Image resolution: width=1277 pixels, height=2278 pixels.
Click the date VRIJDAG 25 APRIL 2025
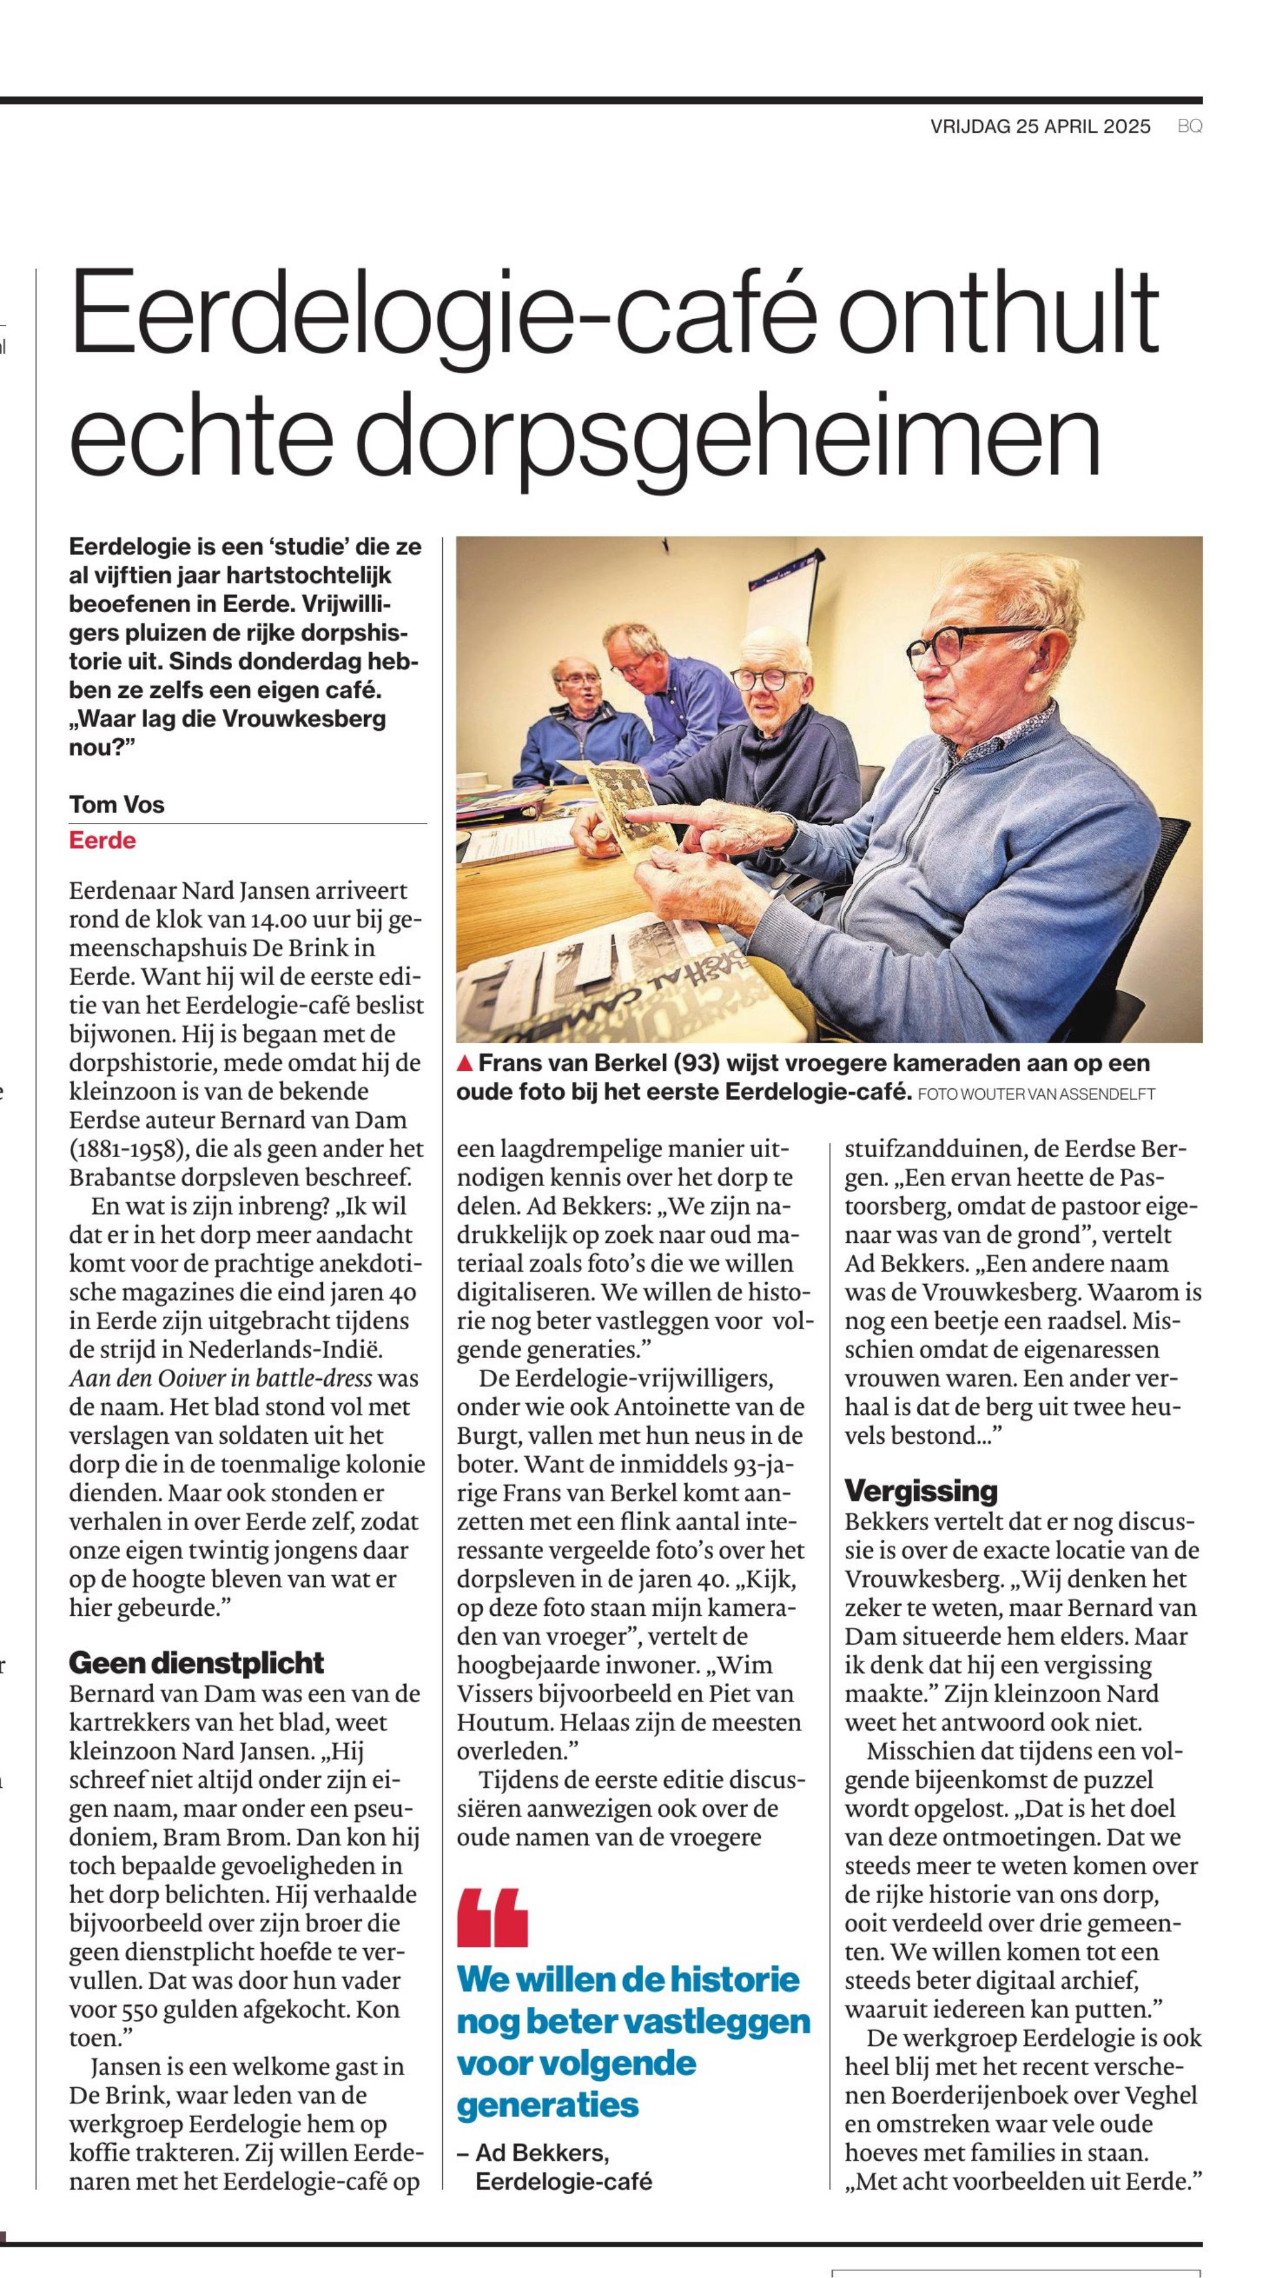1040,126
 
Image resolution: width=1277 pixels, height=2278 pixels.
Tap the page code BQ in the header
1189,126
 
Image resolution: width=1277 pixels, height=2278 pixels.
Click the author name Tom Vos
117,805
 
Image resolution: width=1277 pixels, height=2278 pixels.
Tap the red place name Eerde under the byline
103,840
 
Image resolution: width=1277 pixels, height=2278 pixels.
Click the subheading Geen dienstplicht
196,1663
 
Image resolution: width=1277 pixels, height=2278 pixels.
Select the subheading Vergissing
920,1490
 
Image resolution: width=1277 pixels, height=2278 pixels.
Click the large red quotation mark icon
492,1917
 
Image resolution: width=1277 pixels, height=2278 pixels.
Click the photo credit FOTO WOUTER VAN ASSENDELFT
1037,1095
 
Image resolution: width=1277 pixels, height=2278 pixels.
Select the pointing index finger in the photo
672,814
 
